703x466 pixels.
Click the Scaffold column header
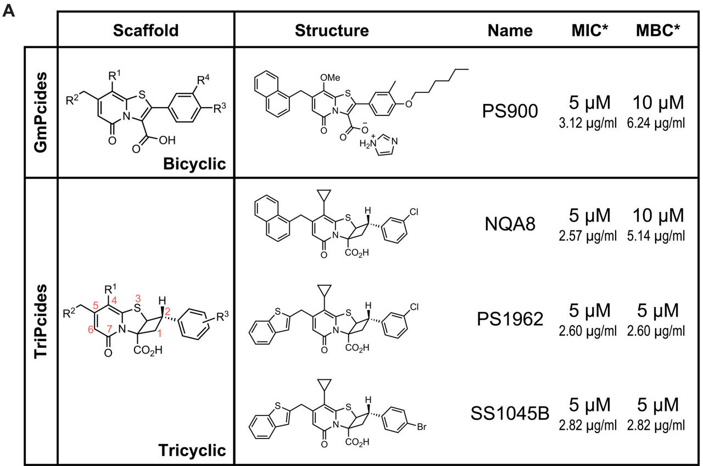click(146, 30)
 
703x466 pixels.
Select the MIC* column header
click(590, 30)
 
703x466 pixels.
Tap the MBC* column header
click(658, 30)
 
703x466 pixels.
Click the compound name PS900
click(510, 111)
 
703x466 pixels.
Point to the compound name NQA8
click(510, 224)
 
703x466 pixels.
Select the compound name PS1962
click(510, 319)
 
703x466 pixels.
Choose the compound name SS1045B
click(510, 413)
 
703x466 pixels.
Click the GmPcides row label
click(41, 112)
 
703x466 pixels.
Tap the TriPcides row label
click(41, 321)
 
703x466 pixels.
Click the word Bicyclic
click(194, 164)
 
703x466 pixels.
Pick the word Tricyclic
click(192, 450)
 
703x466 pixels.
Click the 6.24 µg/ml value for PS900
click(656, 123)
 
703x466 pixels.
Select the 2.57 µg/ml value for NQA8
click(588, 236)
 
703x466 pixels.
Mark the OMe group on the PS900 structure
click(330, 77)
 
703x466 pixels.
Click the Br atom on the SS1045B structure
click(421, 427)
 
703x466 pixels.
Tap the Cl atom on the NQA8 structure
click(414, 212)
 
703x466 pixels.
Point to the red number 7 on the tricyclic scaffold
click(109, 329)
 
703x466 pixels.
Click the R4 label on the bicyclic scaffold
click(203, 80)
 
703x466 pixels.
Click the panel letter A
click(8, 12)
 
